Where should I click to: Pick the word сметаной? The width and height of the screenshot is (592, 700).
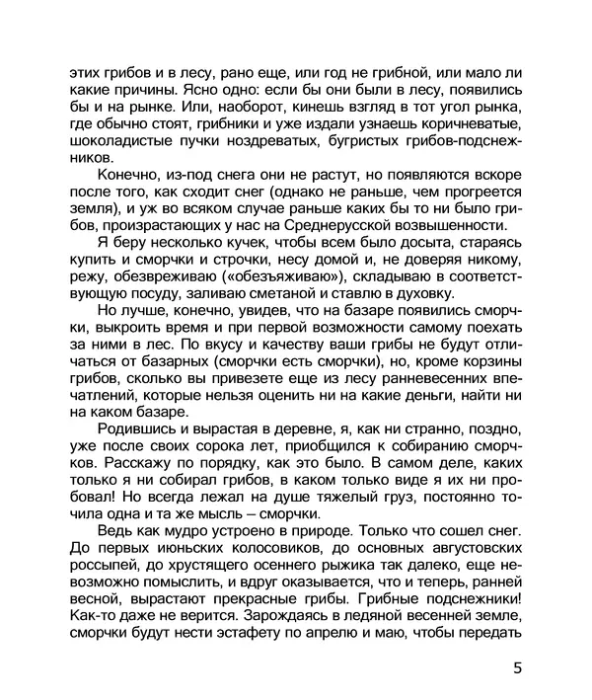(x=285, y=294)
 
